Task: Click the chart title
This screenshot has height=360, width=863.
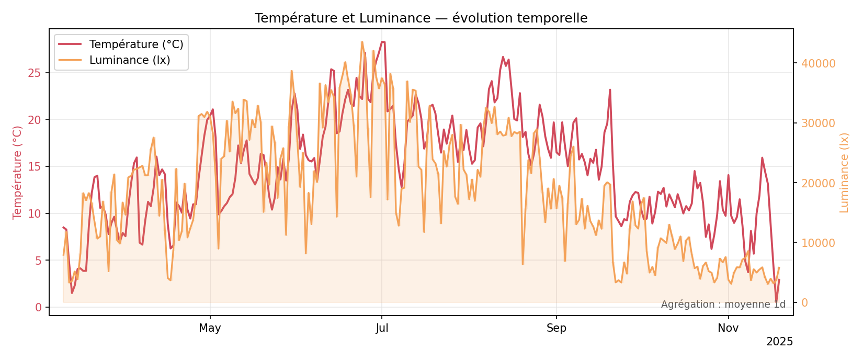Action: point(421,18)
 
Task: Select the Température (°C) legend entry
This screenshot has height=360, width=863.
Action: point(136,44)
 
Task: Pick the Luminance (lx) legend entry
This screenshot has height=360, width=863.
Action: point(130,60)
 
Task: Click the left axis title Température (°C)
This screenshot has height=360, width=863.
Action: point(17,172)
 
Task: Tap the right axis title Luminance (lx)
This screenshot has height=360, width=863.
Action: point(844,172)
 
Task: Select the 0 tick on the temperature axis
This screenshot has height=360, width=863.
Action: point(38,307)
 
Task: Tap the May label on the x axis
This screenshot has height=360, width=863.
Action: point(210,329)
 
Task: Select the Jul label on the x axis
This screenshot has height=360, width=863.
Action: point(382,329)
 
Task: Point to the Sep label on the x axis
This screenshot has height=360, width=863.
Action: point(557,329)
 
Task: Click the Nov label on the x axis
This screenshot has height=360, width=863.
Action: point(728,329)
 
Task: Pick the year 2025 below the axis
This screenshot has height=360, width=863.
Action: point(779,342)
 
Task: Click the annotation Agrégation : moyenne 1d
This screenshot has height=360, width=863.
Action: point(723,305)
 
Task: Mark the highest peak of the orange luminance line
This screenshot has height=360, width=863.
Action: point(362,42)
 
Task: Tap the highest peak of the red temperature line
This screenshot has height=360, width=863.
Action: point(383,42)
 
